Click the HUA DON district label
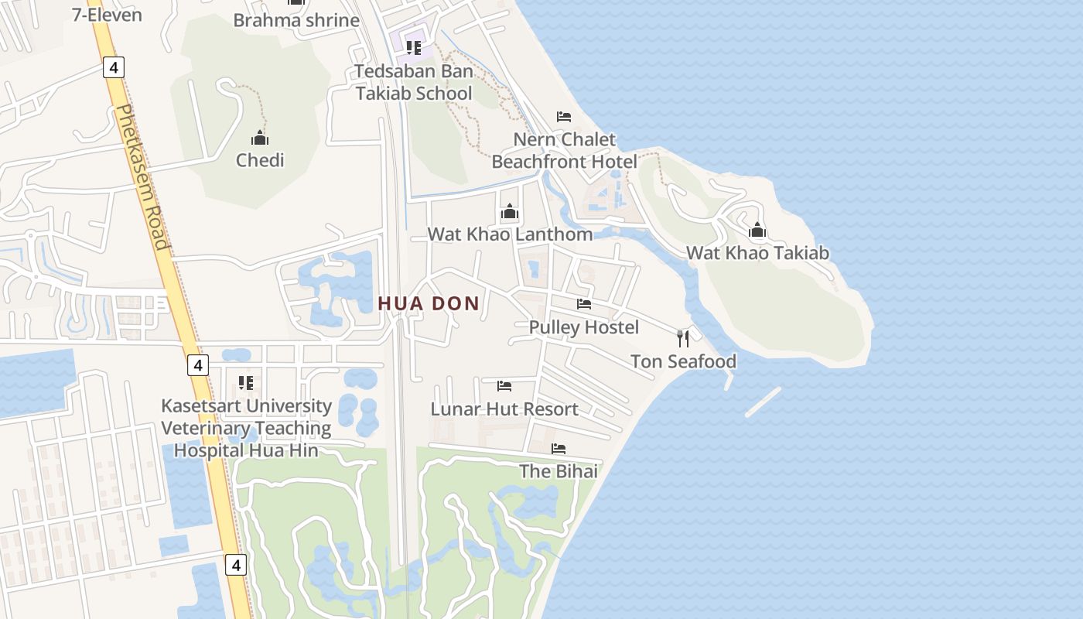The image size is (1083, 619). [429, 304]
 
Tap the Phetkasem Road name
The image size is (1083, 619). [142, 177]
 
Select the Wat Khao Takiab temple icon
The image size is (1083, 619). [757, 230]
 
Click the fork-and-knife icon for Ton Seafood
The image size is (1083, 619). [683, 338]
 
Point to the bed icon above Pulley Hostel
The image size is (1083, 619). [584, 304]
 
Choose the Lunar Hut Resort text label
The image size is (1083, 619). [504, 409]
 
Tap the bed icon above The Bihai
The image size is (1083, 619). [559, 449]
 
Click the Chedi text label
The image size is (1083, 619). [260, 161]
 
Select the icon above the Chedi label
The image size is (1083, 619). [260, 139]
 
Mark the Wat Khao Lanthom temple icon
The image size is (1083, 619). [510, 211]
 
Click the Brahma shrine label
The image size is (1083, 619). [296, 20]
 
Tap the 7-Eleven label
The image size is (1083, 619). [107, 15]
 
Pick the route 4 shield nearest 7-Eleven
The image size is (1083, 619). [114, 68]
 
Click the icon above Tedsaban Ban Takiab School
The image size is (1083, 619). [414, 48]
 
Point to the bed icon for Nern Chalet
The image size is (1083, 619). [564, 117]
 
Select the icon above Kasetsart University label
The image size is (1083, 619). [246, 382]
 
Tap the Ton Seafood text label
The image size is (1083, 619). [683, 361]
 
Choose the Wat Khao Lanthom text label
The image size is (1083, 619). [510, 234]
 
